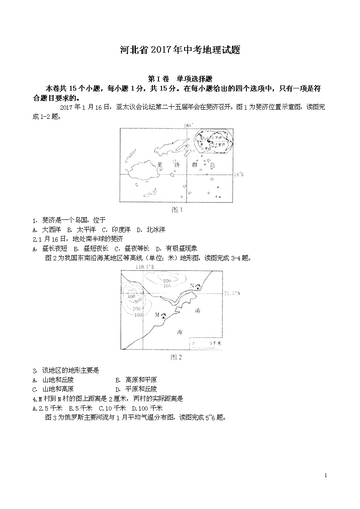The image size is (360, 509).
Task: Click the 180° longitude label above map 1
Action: tap(188, 125)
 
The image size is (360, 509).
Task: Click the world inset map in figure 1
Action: tap(213, 142)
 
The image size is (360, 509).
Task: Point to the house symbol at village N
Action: tap(199, 287)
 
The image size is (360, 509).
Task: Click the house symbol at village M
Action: tap(163, 315)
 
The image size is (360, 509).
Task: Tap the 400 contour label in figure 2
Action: tap(130, 296)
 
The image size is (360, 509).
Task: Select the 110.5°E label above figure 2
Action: tap(145, 266)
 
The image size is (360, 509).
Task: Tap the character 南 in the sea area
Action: tap(199, 311)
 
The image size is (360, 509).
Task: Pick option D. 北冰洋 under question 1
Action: tap(151, 229)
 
